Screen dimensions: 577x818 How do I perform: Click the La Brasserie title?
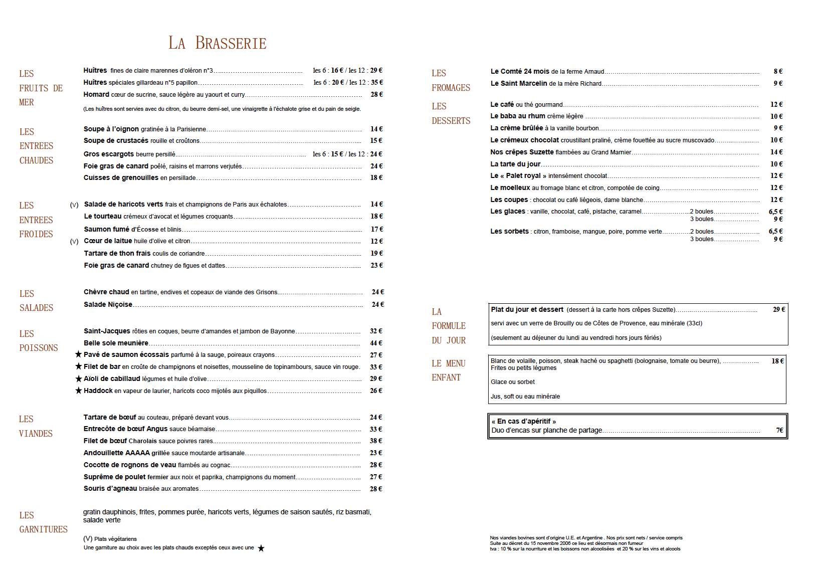[217, 43]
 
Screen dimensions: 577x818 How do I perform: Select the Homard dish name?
[96, 94]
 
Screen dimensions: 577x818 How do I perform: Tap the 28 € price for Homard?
[376, 94]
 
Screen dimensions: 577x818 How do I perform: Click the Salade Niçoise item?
[108, 304]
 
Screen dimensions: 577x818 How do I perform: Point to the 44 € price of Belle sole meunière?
[376, 343]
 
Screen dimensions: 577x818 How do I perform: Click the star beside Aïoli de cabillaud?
[79, 378]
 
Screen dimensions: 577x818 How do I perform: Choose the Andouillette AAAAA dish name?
[117, 453]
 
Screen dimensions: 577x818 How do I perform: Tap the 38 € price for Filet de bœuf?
[376, 441]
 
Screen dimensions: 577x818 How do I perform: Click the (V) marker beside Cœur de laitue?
[74, 241]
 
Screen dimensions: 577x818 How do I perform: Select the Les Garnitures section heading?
[43, 522]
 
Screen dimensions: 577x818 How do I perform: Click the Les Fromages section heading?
[451, 80]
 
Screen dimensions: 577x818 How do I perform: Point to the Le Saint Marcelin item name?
[519, 83]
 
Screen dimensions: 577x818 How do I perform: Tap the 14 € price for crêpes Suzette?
[776, 152]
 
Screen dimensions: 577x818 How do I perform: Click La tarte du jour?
[515, 164]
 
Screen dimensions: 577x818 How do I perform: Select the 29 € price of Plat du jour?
[779, 309]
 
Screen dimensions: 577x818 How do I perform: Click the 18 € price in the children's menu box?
[777, 361]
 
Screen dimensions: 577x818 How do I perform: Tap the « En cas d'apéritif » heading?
[523, 421]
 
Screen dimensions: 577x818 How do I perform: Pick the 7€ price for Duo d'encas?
[779, 430]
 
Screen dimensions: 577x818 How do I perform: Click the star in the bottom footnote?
[261, 548]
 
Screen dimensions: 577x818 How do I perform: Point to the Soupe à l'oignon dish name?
[111, 129]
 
